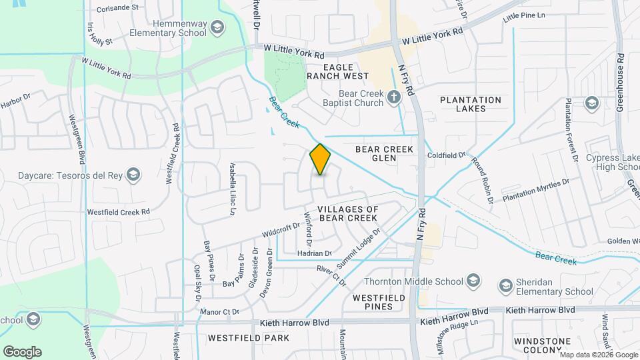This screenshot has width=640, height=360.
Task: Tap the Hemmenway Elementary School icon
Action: click(x=216, y=27)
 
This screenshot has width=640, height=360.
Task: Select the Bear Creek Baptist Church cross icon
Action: click(x=394, y=97)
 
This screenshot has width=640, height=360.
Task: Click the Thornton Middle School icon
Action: click(x=473, y=279)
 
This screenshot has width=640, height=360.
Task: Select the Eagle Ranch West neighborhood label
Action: click(x=333, y=72)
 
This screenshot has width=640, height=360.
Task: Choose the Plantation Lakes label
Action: click(x=471, y=105)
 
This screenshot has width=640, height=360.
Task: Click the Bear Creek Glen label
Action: click(x=385, y=153)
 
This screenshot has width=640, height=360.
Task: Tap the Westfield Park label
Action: click(x=248, y=338)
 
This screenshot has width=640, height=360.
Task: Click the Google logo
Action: click(x=22, y=351)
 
